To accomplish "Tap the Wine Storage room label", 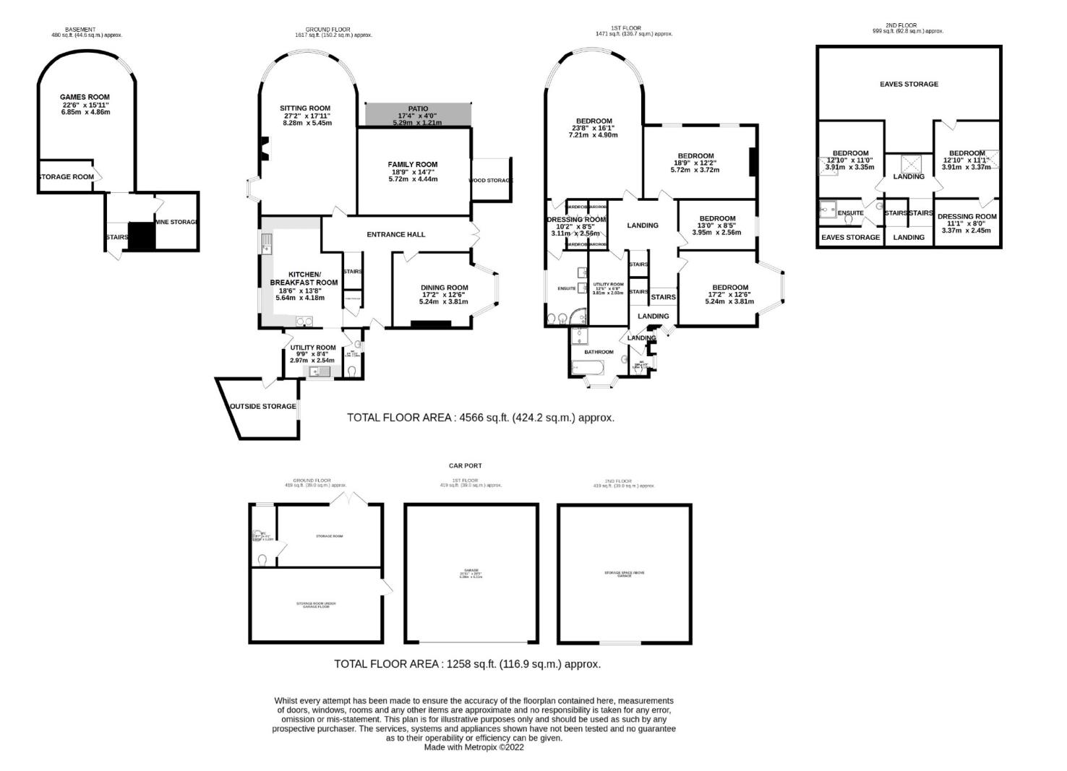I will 176,222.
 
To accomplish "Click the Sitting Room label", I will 305,108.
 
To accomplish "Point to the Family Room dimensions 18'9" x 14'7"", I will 413,172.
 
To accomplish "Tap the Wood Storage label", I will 491,181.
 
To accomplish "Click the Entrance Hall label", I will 395,234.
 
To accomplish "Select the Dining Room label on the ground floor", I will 445,288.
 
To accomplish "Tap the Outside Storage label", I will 262,406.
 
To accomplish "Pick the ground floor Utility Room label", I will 312,348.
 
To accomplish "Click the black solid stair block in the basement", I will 142,236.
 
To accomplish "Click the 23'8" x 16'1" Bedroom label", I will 594,121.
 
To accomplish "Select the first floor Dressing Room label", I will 576,220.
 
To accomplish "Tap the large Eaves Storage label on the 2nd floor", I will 909,84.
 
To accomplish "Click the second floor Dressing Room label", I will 967,216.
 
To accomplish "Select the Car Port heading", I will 465,466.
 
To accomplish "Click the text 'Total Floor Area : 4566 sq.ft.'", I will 480,418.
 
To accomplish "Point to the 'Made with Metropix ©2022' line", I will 473,748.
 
